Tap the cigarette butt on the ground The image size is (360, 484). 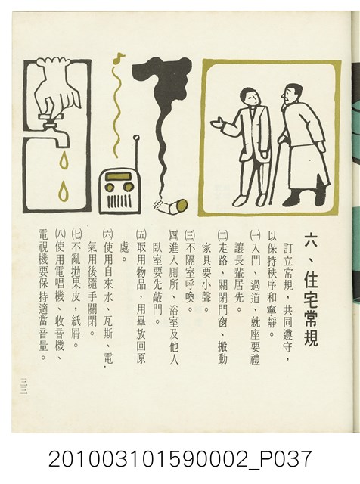point(172,206)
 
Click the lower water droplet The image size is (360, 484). point(64,191)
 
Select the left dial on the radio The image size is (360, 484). point(110,187)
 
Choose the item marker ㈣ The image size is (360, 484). point(173,235)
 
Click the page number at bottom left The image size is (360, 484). point(23,386)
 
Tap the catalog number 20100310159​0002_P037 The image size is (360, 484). point(179,459)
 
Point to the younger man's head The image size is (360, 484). point(250,97)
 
